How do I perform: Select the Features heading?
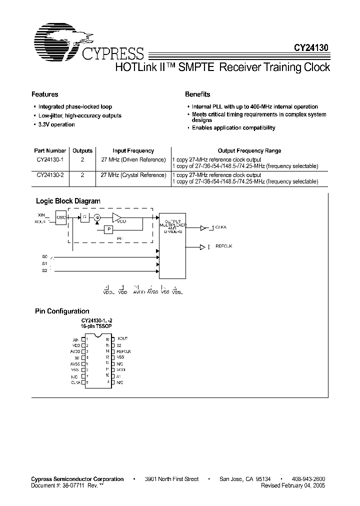click(x=45, y=94)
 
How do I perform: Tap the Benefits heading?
click(x=197, y=94)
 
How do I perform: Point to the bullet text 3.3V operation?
click(x=56, y=124)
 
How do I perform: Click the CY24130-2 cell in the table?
click(x=50, y=175)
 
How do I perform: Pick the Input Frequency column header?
click(x=133, y=150)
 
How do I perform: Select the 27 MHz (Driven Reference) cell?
click(x=133, y=159)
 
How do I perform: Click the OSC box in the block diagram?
click(x=60, y=218)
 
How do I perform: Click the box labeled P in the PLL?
click(x=108, y=229)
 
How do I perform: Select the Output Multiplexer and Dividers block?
click(x=171, y=246)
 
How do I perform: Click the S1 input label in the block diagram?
click(x=44, y=263)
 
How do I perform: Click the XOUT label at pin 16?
click(x=122, y=338)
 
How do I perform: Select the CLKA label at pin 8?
click(x=75, y=382)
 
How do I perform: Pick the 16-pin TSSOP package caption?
click(x=96, y=325)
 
